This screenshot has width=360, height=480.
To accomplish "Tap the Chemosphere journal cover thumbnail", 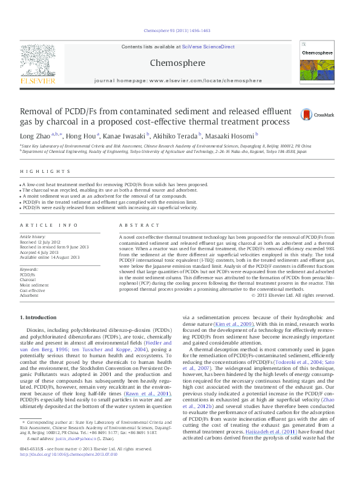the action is tap(318, 63).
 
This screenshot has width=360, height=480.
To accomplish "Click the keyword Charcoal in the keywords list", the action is tap(28, 280).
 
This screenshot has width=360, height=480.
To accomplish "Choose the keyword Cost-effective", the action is tap(31, 291).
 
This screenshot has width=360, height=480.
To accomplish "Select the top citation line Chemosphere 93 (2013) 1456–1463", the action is tap(180, 30).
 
